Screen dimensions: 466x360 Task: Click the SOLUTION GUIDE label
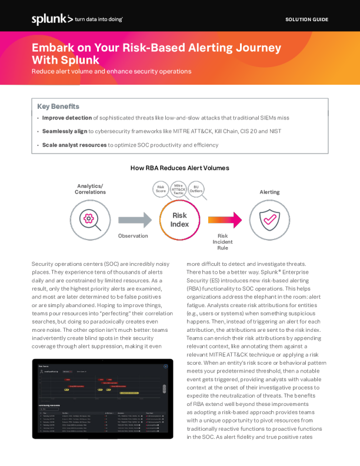click(x=306, y=20)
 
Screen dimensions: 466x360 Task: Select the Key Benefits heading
click(x=58, y=106)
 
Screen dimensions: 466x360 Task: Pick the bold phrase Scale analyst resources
click(x=74, y=145)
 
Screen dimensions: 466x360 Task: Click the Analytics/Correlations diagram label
click(x=89, y=189)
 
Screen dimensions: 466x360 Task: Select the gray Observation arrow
click(x=135, y=220)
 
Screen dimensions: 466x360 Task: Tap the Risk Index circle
click(x=179, y=220)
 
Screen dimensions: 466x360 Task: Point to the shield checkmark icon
click(x=269, y=219)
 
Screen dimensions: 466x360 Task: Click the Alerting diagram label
click(x=269, y=192)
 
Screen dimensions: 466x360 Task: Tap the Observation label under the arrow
click(x=133, y=236)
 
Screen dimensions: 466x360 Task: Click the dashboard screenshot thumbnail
click(x=103, y=398)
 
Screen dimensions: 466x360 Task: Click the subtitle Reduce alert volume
click(x=111, y=71)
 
